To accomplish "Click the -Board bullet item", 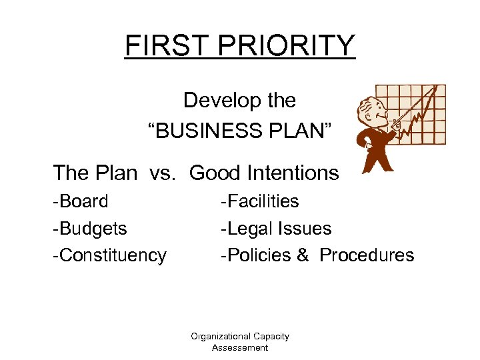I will coord(81,201).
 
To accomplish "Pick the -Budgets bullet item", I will coord(91,229).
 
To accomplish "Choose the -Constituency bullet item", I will coord(110,256).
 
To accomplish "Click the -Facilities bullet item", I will coord(260,201).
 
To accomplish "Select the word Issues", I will coord(306,229).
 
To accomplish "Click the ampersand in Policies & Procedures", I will coord(303,255).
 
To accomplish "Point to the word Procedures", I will coord(367,255).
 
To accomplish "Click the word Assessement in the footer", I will coord(240,347).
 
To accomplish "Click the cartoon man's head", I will coord(370,111).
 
